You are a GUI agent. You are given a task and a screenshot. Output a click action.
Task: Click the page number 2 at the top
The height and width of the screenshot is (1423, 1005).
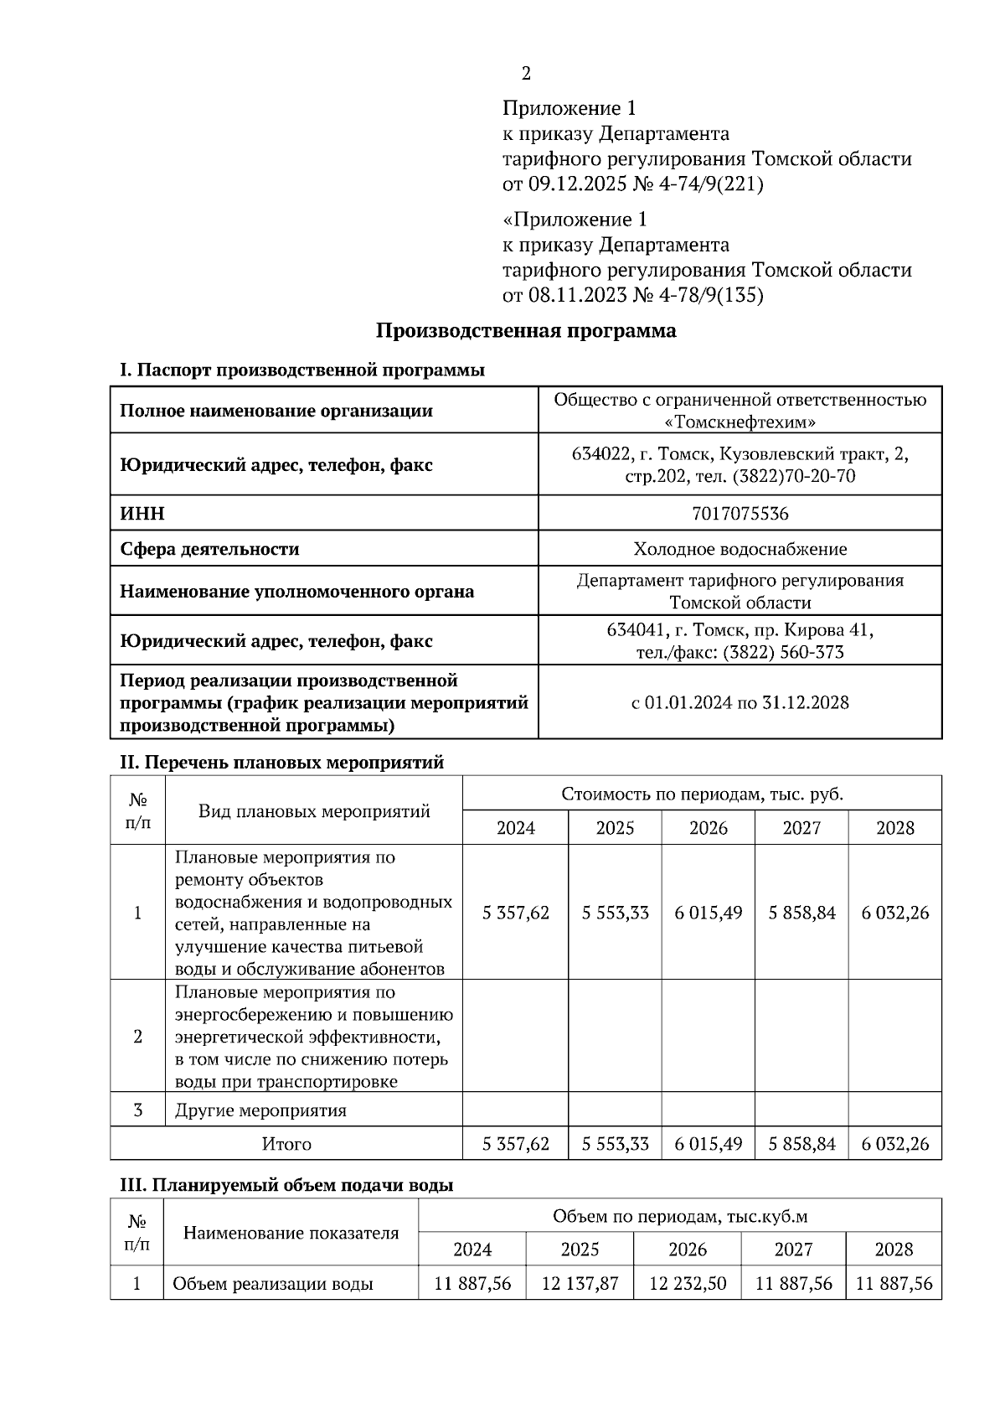pos(526,74)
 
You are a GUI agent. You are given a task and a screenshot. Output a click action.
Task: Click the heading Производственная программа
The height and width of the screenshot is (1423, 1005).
pos(525,331)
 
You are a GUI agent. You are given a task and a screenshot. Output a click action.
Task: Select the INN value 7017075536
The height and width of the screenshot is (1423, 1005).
pos(740,513)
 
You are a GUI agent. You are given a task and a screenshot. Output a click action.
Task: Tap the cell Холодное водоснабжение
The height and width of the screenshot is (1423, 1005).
pos(740,549)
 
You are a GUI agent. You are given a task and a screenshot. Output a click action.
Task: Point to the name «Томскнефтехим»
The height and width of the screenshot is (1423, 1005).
pos(740,422)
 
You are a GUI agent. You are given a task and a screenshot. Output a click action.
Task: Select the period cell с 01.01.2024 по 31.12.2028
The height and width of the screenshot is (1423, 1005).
pos(740,702)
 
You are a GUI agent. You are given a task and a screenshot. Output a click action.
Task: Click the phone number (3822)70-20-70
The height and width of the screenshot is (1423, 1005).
pos(794,476)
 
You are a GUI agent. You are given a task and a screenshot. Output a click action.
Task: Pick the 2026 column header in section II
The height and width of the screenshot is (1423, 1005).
pos(709,828)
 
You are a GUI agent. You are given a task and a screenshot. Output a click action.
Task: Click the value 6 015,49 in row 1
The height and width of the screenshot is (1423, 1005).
pos(709,913)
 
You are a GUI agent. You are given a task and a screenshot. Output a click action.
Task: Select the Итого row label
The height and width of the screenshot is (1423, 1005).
pos(286,1144)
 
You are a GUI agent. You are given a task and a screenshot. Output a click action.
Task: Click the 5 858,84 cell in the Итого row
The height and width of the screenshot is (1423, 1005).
pos(801,1144)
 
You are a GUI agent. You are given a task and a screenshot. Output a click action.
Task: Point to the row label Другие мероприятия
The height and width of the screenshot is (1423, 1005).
pos(260,1110)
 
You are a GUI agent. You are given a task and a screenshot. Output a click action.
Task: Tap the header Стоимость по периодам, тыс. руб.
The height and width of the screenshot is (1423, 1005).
pos(702,794)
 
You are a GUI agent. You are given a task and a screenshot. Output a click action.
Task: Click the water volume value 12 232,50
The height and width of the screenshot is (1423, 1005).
pos(687,1283)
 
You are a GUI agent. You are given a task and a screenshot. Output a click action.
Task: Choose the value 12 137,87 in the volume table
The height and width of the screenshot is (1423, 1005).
pos(580,1283)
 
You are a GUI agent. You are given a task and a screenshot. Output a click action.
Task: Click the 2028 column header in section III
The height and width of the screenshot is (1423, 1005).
pos(894,1250)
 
